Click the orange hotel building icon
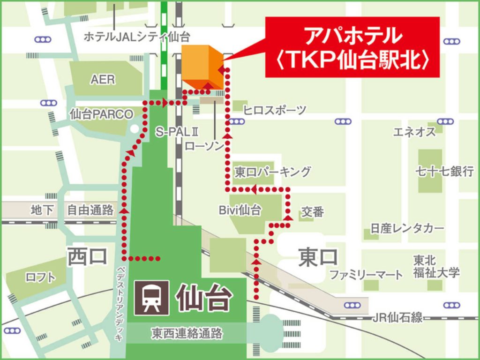202,67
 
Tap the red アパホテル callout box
352,47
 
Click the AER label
103,79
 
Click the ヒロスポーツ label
274,111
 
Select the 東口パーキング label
272,172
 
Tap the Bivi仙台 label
240,210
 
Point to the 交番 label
312,212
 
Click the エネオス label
414,132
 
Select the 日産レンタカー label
407,229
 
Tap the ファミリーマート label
366,275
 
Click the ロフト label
40,277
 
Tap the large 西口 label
88,256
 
